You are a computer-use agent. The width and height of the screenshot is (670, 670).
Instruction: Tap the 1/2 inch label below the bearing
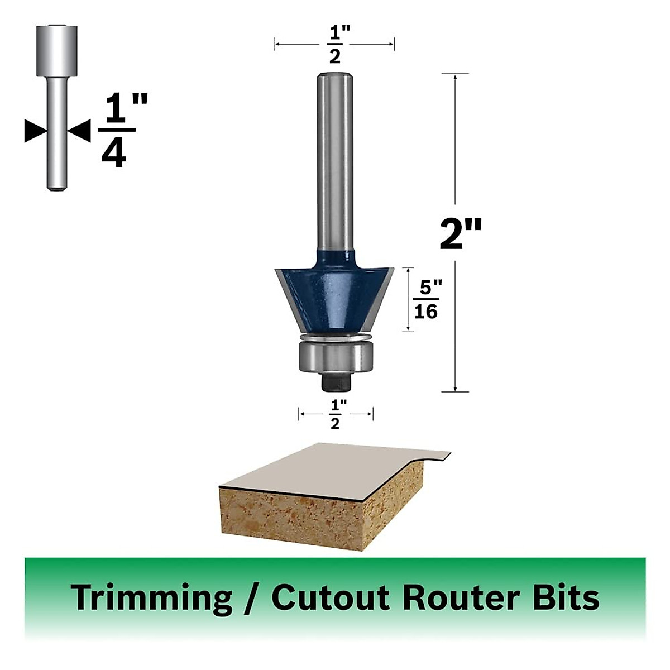coord(335,414)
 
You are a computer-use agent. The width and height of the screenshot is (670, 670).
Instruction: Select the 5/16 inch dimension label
coord(426,300)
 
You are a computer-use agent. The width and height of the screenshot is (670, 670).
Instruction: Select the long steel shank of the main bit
coord(335,162)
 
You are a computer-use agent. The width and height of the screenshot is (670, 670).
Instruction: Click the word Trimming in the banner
coord(152,598)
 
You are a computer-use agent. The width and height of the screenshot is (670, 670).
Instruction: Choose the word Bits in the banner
coord(565,598)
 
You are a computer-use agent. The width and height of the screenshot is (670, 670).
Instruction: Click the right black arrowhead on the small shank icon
coord(79,131)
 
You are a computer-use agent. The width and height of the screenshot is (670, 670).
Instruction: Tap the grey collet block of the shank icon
coord(56,50)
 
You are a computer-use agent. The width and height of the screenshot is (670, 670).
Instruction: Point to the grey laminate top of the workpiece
coord(329,469)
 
